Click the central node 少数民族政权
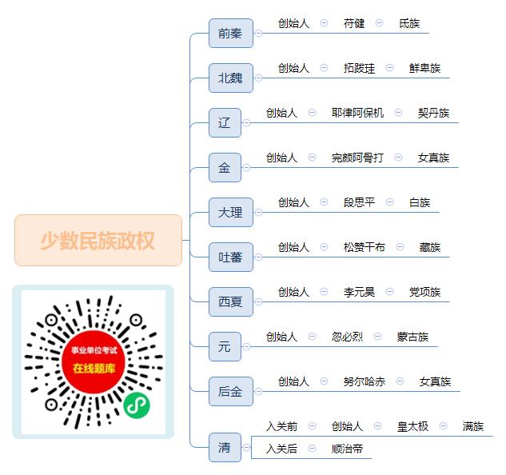[x=98, y=240]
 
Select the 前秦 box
[x=231, y=34]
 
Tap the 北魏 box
[x=231, y=78]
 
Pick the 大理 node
[x=231, y=212]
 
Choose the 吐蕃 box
[x=231, y=257]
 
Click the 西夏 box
[x=231, y=302]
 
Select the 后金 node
[x=231, y=391]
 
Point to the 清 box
[x=225, y=447]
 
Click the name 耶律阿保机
[x=357, y=113]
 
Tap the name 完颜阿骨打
[x=357, y=158]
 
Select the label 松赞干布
[x=365, y=247]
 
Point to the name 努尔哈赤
[x=365, y=381]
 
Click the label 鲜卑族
[x=424, y=68]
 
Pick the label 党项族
[x=424, y=292]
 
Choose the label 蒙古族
[x=412, y=337]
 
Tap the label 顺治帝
[x=347, y=449]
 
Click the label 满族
[x=473, y=426]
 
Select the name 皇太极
[x=412, y=426]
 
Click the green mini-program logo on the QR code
[x=137, y=405]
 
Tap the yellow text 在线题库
[x=94, y=369]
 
